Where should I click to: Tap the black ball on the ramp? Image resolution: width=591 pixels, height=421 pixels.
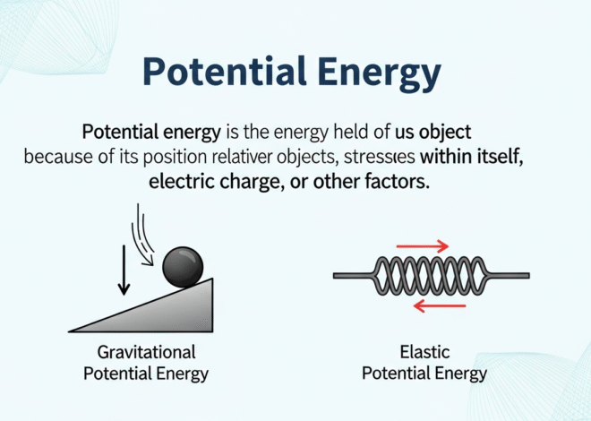pyautogui.click(x=182, y=266)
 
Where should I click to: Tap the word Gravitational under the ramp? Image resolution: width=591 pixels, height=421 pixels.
pyautogui.click(x=145, y=352)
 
